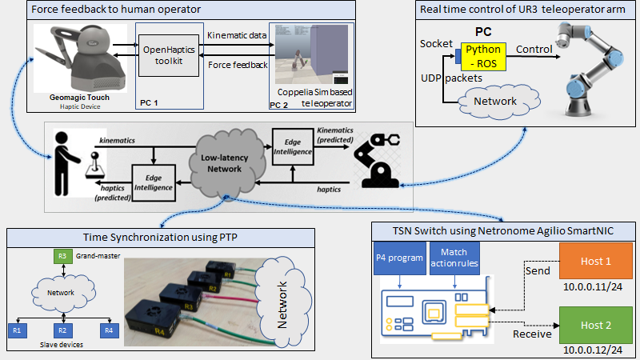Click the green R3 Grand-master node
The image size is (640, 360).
point(62,256)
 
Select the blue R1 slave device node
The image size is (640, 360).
point(16,328)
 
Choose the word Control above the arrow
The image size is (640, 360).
point(534,48)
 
